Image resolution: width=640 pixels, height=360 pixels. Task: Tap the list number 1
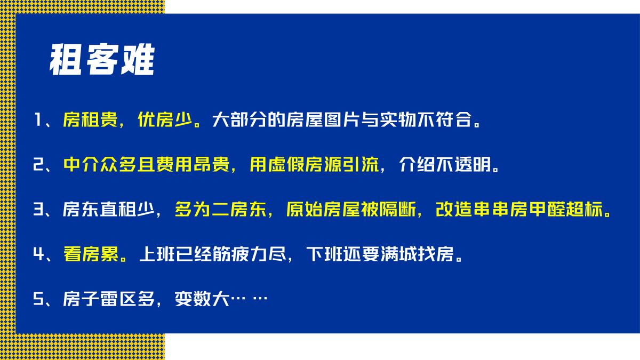tap(37, 119)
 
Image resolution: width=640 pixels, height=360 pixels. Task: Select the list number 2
tap(37, 165)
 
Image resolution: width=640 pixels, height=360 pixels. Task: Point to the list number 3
tap(37, 210)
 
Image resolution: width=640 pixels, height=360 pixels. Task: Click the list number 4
tap(37, 254)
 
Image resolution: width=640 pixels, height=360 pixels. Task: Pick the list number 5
tap(37, 299)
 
